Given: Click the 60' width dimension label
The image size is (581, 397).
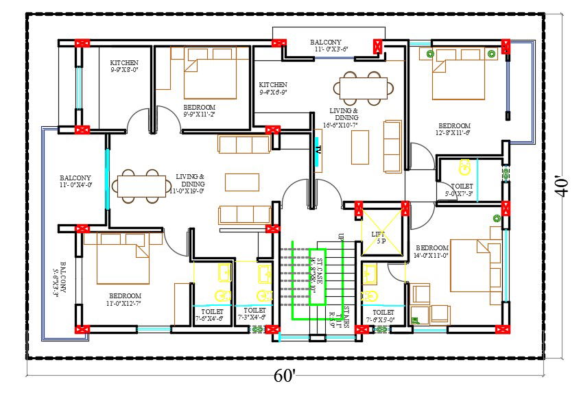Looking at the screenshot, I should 285,376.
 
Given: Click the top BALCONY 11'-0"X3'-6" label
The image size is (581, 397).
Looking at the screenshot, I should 332,45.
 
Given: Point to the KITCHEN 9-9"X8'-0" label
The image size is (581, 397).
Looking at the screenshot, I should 124,67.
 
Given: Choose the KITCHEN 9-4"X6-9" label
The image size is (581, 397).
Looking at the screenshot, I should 273,88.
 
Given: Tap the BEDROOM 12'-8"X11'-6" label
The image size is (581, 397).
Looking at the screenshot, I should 454,130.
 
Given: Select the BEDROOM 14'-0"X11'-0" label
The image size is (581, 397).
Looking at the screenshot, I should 431,251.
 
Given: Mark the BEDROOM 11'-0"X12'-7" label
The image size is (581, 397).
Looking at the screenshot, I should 124,300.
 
